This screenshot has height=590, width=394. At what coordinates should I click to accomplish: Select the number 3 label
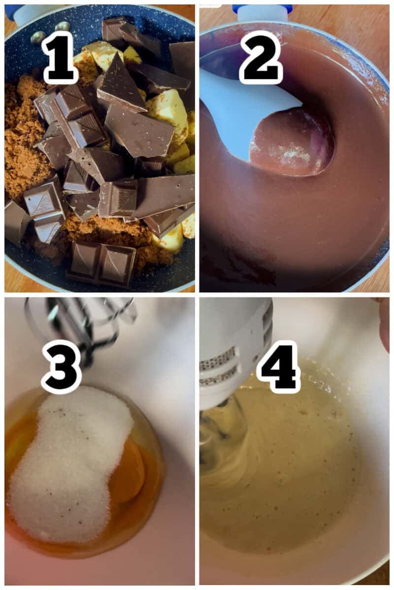tap(61, 366)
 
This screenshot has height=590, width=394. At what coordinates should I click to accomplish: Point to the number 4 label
tap(278, 366)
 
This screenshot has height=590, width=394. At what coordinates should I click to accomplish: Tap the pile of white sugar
tap(69, 467)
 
